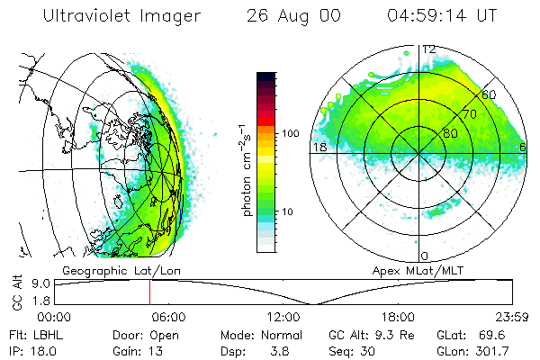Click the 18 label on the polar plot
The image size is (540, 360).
point(319,147)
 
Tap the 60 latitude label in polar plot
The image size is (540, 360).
point(490,94)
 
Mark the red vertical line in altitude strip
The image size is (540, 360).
point(149,292)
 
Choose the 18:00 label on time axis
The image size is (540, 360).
point(397,317)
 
